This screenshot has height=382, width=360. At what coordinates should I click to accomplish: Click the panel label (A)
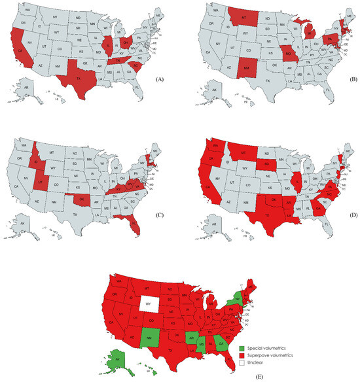(157, 77)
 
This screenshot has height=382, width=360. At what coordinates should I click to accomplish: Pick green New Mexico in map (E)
(148, 338)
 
